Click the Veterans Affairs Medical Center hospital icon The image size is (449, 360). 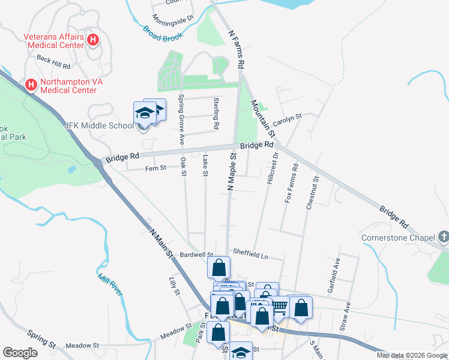[93, 41]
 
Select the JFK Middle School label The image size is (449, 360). [99, 126]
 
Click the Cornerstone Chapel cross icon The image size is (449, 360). [444, 237]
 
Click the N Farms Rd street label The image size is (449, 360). [236, 48]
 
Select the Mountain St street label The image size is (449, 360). [264, 118]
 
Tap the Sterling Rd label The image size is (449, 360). [216, 114]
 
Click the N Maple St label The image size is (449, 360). [231, 172]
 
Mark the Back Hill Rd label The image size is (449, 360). [53, 61]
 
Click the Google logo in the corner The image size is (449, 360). [20, 353]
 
